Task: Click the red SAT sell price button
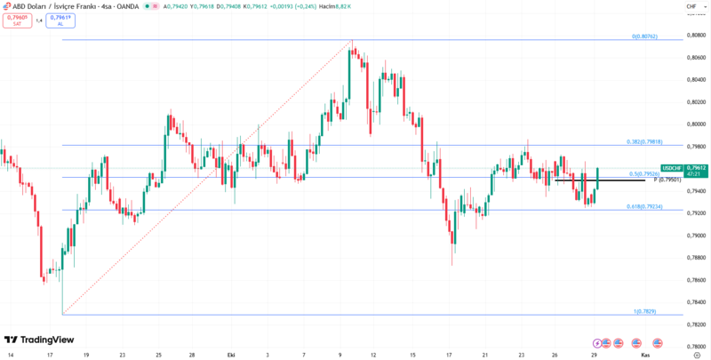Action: pyautogui.click(x=16, y=20)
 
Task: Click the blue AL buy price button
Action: pyautogui.click(x=60, y=20)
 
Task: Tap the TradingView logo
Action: pyautogui.click(x=39, y=340)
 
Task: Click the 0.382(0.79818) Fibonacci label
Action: pyautogui.click(x=644, y=141)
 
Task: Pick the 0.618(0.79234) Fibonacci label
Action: pyautogui.click(x=644, y=206)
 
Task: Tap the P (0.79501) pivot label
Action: pyautogui.click(x=667, y=180)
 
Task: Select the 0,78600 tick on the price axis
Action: pyautogui.click(x=696, y=280)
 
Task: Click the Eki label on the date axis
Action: pyautogui.click(x=231, y=354)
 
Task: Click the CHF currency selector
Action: pyautogui.click(x=690, y=6)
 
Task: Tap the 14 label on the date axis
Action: pyautogui.click(x=11, y=354)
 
